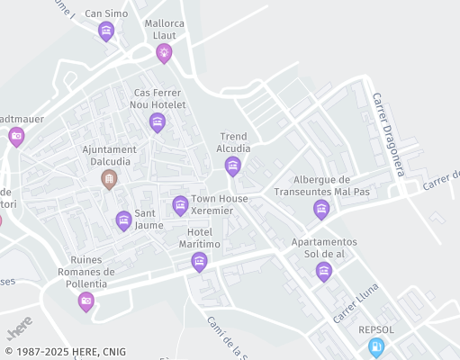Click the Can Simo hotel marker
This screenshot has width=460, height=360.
point(106,31)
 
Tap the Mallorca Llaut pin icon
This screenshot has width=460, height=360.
point(164,53)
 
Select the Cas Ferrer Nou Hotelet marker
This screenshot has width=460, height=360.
point(158,122)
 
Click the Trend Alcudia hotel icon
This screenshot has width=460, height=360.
point(233,166)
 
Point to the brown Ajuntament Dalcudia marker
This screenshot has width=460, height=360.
point(109,179)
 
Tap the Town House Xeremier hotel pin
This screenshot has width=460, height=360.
point(180,205)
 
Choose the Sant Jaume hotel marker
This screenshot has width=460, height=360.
point(123,220)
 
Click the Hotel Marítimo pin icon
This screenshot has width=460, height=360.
point(200,262)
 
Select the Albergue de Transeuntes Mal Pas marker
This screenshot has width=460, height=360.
point(321,210)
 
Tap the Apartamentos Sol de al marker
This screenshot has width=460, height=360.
point(324,271)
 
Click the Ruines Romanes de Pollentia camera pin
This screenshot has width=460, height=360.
point(86,301)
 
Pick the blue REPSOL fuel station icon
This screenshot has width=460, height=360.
point(376,346)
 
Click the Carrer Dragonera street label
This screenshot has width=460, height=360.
point(390,135)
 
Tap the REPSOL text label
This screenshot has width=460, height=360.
point(376,329)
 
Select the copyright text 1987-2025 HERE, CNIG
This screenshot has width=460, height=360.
point(64,352)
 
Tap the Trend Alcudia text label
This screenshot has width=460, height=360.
point(233,142)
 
